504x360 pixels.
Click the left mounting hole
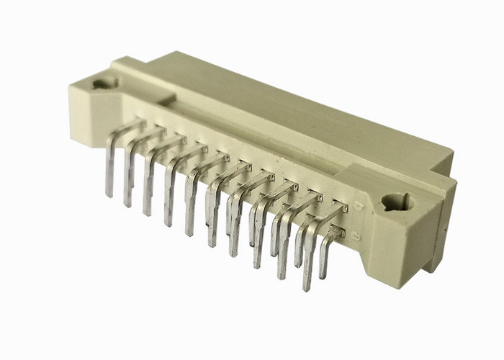click(x=106, y=84)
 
